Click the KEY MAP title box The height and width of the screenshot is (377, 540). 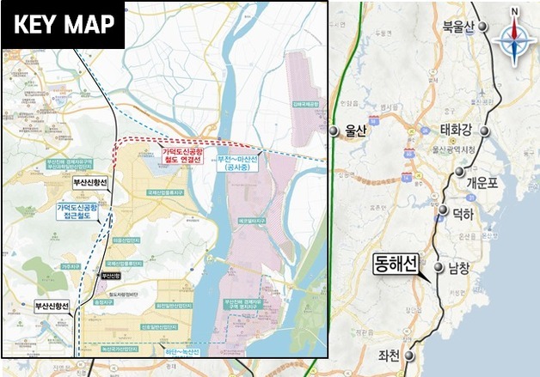click(64, 24)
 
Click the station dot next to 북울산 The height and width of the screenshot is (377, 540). click(484, 27)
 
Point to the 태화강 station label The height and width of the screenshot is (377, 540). click(457, 131)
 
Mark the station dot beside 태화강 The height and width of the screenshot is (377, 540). click(487, 131)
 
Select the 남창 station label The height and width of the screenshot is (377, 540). click(459, 268)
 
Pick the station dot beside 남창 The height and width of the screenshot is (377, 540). click(436, 268)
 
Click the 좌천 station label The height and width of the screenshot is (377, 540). click(390, 356)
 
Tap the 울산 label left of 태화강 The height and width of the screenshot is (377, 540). click(355, 131)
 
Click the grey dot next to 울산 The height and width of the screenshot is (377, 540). click(333, 131)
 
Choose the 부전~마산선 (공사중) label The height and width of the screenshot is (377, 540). click(237, 163)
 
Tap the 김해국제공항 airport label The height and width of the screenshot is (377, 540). click(302, 105)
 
